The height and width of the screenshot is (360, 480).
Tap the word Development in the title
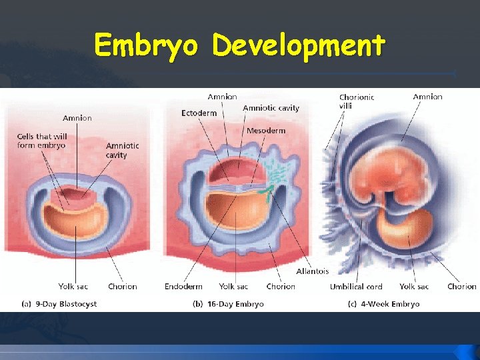coord(298,45)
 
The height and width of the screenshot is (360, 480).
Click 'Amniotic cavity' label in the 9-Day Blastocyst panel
coord(122,150)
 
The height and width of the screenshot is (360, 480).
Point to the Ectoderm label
coord(199,113)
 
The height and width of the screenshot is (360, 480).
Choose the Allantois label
coord(313,271)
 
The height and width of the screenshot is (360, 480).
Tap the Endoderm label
coord(183,287)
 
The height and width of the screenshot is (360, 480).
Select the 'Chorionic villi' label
coord(357,101)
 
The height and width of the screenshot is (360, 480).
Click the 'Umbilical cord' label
coord(356,287)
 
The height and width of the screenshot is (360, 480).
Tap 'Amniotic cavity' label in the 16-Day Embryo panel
coord(271,108)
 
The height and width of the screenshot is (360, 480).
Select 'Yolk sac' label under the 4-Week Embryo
coord(414,287)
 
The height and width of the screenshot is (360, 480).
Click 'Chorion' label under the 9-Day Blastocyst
coord(122,287)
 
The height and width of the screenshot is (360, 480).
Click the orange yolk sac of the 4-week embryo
coord(401,227)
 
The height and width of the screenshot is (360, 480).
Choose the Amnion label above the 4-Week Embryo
coord(427,97)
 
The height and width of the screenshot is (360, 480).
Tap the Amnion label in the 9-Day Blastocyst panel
coord(77,118)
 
